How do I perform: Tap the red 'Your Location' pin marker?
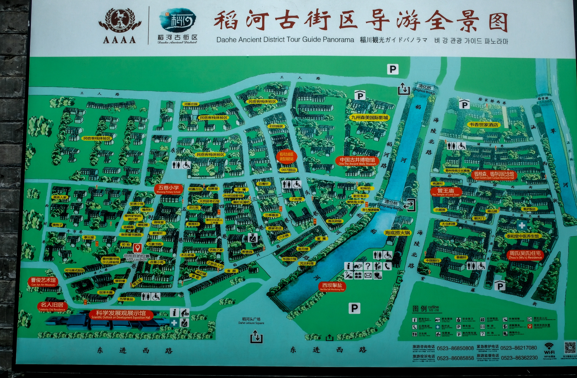tap(137, 248)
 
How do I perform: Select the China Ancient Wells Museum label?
tap(357, 161)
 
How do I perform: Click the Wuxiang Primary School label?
tap(169, 189)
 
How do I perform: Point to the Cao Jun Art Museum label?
tap(43, 281)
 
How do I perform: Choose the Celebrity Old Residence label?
tap(52, 306)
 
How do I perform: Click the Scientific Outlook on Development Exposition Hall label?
tap(121, 315)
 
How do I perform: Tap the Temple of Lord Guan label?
tap(446, 192)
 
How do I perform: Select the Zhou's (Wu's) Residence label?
tap(525, 255)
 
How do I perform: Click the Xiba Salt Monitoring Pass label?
tap(332, 287)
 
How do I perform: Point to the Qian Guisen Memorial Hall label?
tap(494, 175)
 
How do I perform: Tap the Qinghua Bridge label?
tap(425, 88)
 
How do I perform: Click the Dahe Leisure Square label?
tap(251, 321)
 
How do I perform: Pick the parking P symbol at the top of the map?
tap(393, 69)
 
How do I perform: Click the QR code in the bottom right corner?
tap(570, 348)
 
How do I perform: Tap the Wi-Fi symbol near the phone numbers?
tap(549, 347)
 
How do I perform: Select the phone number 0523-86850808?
tap(455, 348)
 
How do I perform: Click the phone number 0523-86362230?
tap(519, 358)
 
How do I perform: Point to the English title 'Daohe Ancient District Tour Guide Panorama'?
tap(285, 40)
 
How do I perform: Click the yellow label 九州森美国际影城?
tap(369, 117)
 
